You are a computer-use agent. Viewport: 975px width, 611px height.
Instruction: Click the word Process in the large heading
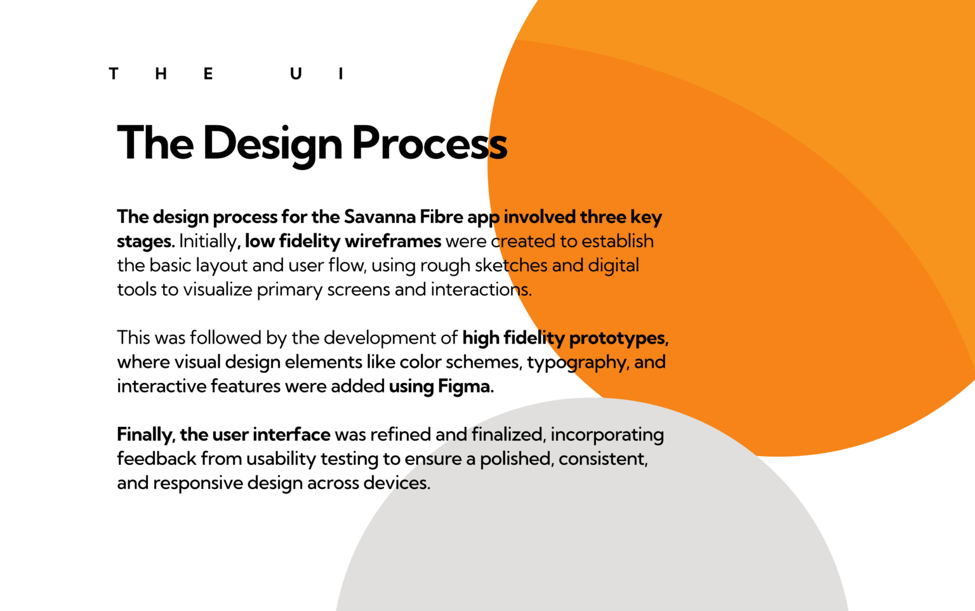tap(430, 143)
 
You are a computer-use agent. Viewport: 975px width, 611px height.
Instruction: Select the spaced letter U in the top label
tap(296, 74)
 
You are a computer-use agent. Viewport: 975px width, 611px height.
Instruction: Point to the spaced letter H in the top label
tap(161, 74)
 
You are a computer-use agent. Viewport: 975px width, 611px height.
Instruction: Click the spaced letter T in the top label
tap(114, 74)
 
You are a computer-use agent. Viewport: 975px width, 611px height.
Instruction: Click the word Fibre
tap(441, 217)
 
